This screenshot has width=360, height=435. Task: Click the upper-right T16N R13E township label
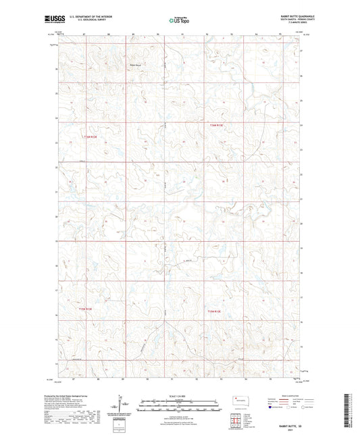click(215, 124)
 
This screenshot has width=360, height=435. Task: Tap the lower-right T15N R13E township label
click(215, 311)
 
